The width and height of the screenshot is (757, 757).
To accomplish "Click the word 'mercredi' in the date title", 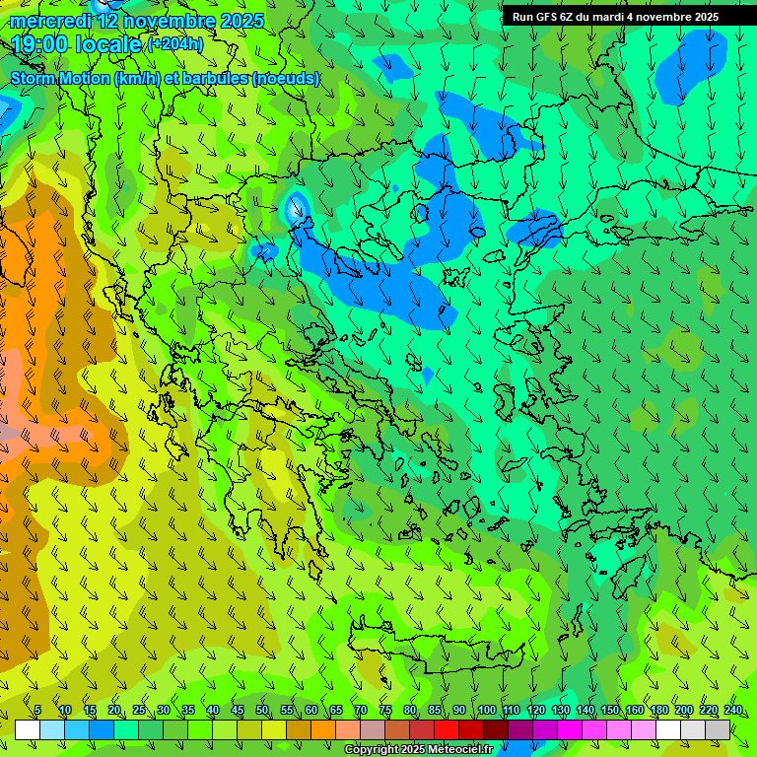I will click(x=51, y=21).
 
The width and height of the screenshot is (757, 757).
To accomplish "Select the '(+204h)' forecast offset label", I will click(x=174, y=44).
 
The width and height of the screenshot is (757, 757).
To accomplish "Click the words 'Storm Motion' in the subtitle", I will click(x=61, y=78).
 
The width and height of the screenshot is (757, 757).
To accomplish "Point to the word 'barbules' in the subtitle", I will click(x=216, y=78).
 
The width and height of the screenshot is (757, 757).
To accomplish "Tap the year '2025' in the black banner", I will click(x=701, y=17).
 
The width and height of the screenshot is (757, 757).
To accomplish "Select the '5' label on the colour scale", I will click(x=38, y=710).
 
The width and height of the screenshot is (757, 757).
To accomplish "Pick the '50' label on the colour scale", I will click(x=262, y=710).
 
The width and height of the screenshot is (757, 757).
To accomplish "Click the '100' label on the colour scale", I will click(x=486, y=710).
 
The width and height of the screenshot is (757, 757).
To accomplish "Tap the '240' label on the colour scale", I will click(x=733, y=710).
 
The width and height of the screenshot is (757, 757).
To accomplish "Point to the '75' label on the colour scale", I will click(x=385, y=710).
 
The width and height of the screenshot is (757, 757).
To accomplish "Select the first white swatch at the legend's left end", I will click(x=28, y=729).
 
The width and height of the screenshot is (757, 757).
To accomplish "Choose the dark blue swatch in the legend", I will click(x=102, y=729).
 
